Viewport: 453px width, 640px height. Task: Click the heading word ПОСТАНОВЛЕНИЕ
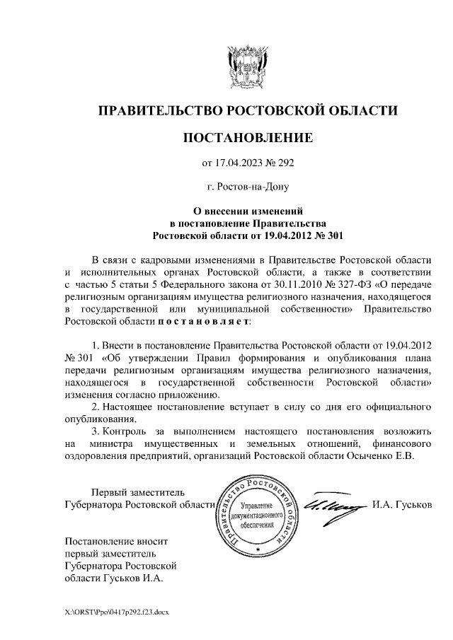[x=248, y=137]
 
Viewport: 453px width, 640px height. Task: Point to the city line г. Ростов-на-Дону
[x=248, y=187]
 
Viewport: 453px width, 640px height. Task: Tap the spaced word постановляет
[x=203, y=322]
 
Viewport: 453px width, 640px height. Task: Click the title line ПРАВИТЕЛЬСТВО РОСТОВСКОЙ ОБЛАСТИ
[x=248, y=110]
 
